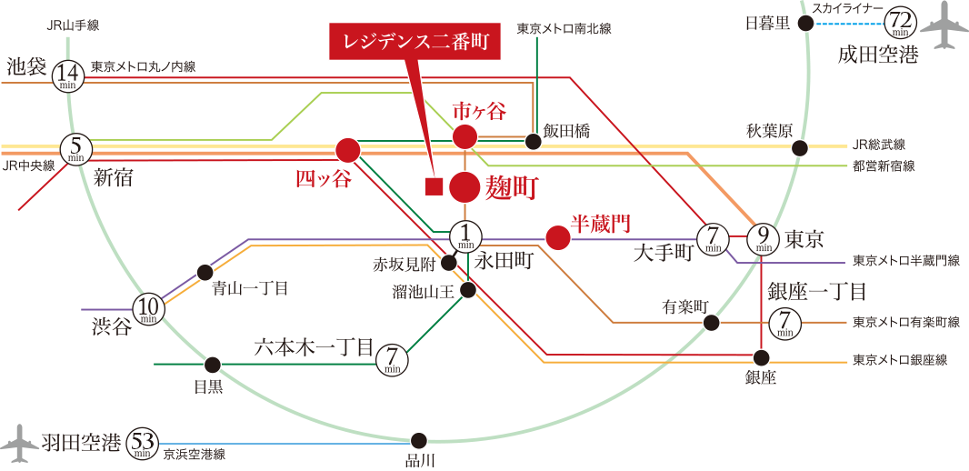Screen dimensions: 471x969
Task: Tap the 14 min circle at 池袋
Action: pyautogui.click(x=69, y=75)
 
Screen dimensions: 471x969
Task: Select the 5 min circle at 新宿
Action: pyautogui.click(x=76, y=148)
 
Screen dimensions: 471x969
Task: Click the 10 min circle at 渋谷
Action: pyautogui.click(x=149, y=310)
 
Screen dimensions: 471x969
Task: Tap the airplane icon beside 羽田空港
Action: pyautogui.click(x=19, y=443)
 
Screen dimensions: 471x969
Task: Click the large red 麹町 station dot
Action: pyautogui.click(x=464, y=187)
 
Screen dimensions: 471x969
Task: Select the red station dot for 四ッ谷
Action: pyautogui.click(x=348, y=149)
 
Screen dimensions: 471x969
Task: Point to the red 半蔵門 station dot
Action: pyautogui.click(x=557, y=238)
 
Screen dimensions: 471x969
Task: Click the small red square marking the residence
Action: pyautogui.click(x=434, y=188)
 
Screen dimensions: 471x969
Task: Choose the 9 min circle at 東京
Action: pyautogui.click(x=763, y=238)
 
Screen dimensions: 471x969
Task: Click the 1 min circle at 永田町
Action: pyautogui.click(x=465, y=238)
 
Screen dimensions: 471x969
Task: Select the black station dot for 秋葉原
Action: pyautogui.click(x=800, y=148)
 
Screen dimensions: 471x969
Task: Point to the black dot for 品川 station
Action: pyautogui.click(x=419, y=439)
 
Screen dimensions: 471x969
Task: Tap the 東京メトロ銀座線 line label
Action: pyautogui.click(x=899, y=361)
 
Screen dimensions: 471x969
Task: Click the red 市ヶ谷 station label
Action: pyautogui.click(x=479, y=112)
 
